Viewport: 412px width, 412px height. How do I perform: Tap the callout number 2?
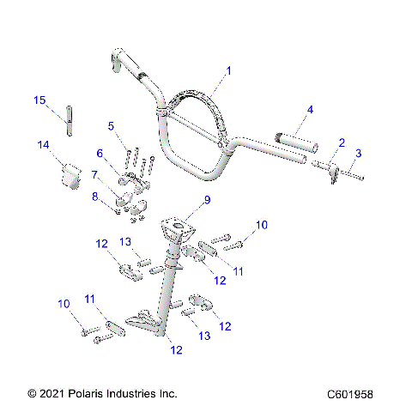click(341, 142)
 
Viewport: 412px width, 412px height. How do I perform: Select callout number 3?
click(359, 154)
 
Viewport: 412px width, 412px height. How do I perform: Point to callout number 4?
click(310, 110)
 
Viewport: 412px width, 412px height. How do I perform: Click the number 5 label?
click(111, 126)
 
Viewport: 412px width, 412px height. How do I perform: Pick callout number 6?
click(100, 153)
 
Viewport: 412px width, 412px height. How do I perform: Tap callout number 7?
click(94, 174)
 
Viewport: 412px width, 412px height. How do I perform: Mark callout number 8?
click(94, 197)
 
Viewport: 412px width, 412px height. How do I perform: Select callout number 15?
click(39, 100)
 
